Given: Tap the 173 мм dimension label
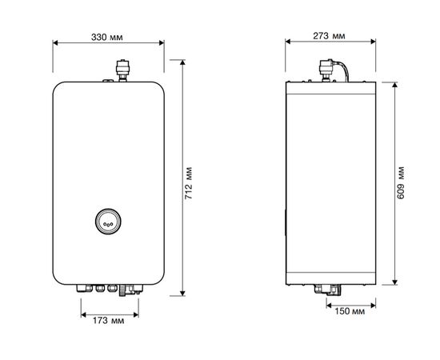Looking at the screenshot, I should (108, 320).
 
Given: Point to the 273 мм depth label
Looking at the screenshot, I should (328, 38).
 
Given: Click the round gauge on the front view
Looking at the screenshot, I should (108, 222).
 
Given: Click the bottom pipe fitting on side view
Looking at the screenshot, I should (328, 290).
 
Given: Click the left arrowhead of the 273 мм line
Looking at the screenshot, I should (286, 46).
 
